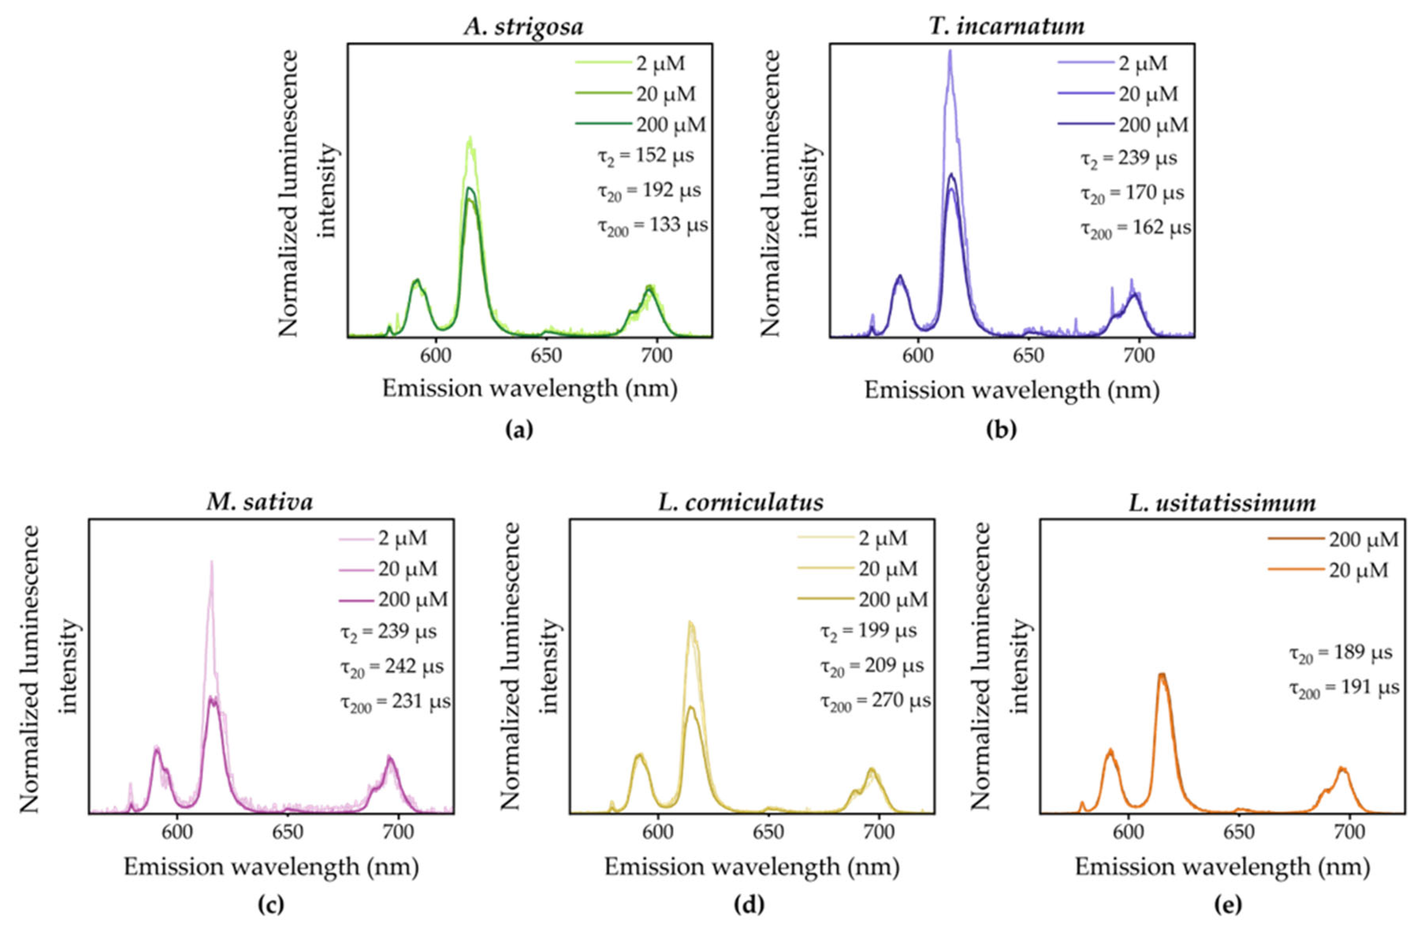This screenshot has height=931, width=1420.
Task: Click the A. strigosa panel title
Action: tap(524, 27)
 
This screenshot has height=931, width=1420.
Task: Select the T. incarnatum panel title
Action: tap(1007, 27)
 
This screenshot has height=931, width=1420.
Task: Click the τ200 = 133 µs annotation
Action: tap(653, 226)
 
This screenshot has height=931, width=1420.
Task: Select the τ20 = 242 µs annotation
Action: tap(392, 667)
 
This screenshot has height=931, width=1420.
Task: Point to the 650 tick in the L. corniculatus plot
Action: tap(769, 832)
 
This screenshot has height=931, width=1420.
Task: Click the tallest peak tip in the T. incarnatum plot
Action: tap(950, 51)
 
